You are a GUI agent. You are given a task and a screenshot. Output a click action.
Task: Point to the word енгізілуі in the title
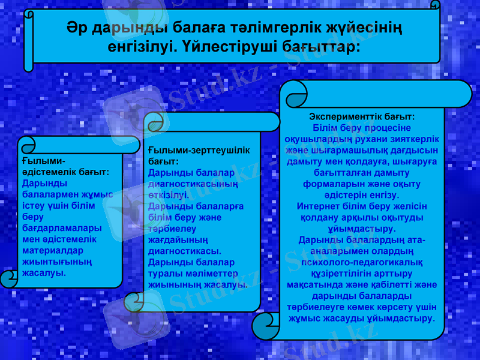point(138,46)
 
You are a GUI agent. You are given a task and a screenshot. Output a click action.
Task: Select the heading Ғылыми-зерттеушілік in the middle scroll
point(199,151)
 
